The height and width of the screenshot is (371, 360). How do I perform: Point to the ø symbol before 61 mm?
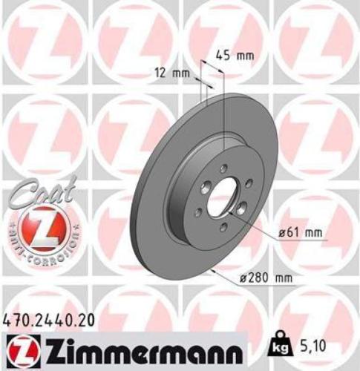coord(282,232)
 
